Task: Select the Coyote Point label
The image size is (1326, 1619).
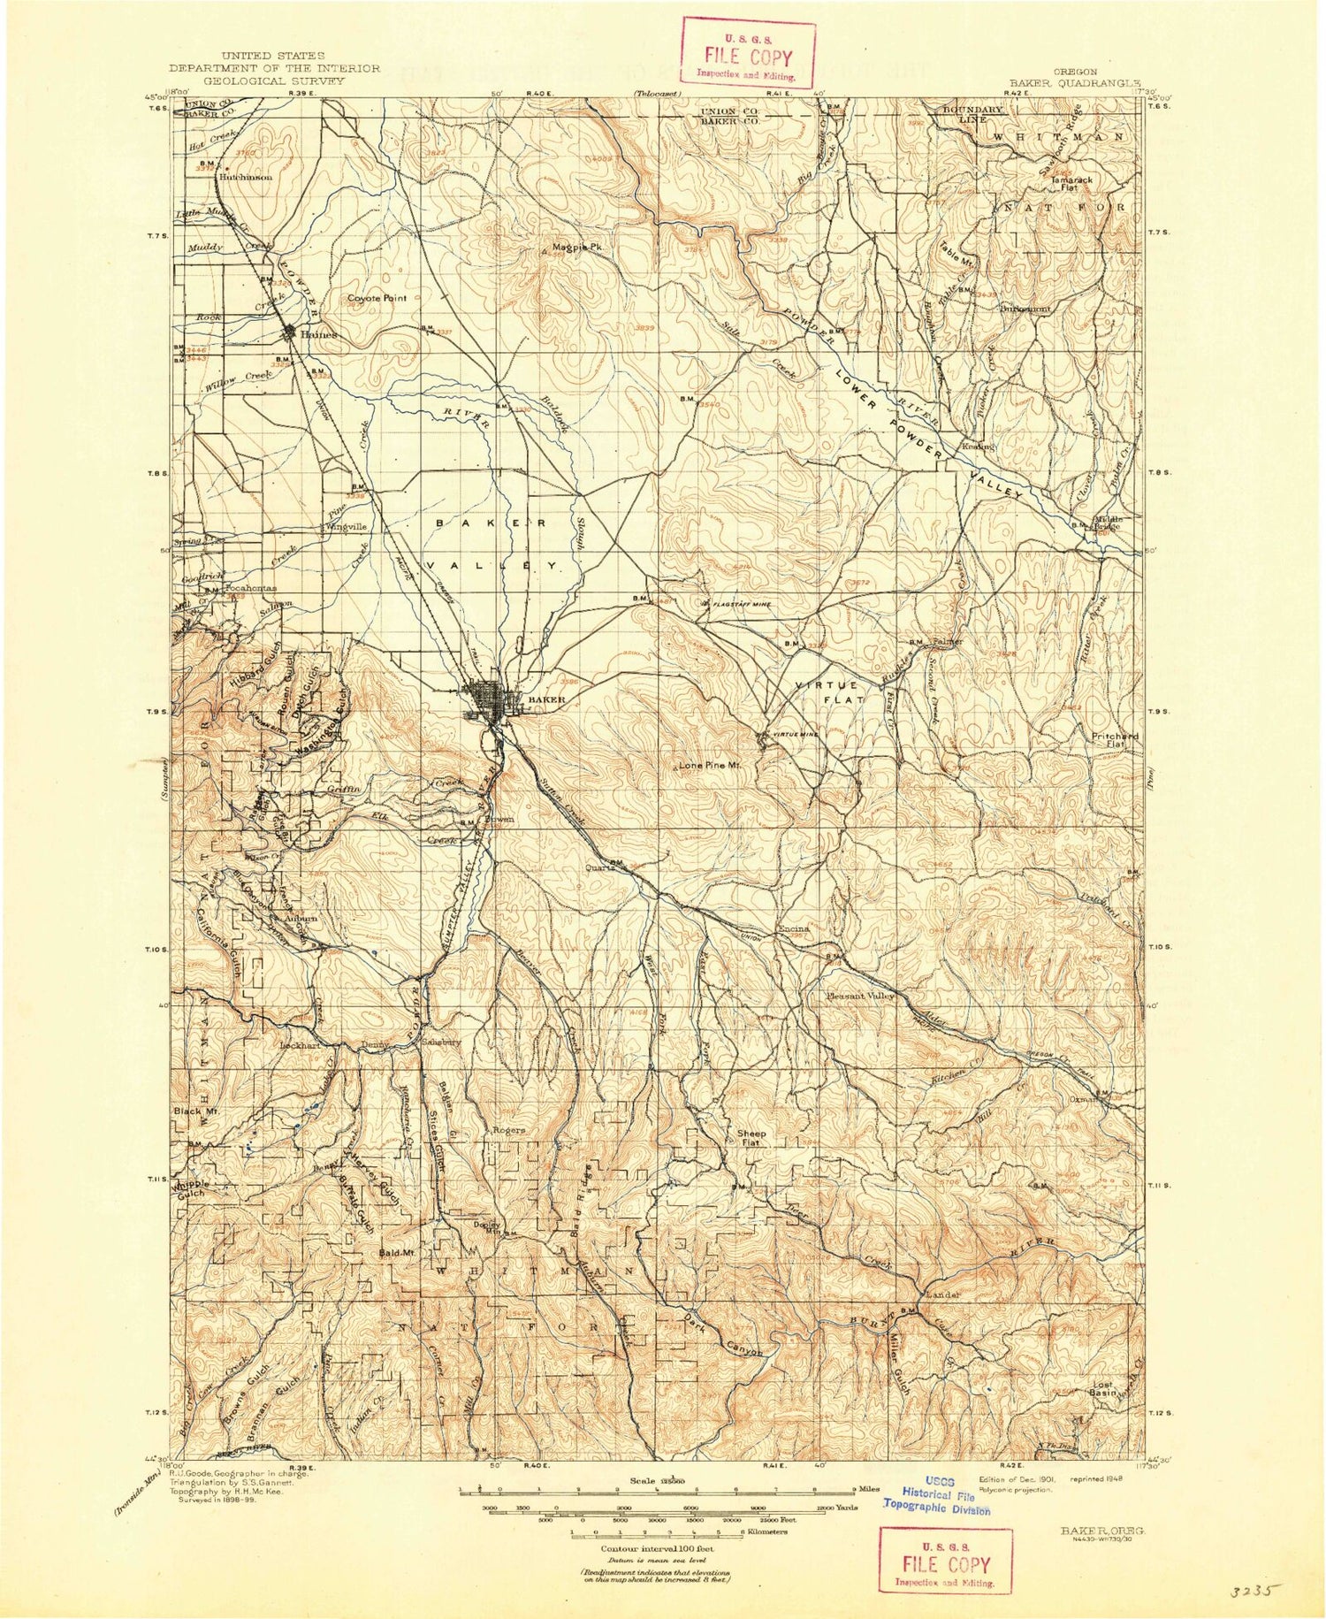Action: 377,298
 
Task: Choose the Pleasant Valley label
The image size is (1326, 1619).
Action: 860,996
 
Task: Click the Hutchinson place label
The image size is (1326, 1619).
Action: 246,177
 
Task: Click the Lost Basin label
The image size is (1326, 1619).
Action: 1102,1389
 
